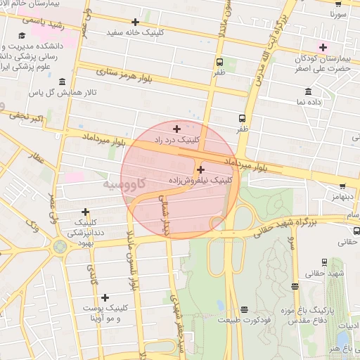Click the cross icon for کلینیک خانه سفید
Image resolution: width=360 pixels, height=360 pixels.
135,22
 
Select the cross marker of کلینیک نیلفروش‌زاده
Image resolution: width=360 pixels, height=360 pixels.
201,169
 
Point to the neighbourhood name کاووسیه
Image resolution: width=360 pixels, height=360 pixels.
124,184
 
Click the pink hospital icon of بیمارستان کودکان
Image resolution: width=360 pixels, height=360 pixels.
323,48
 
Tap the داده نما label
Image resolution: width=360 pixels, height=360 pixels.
309,103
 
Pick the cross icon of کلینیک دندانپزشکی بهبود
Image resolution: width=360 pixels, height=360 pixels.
85,212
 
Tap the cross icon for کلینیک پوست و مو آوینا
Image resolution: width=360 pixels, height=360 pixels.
105,298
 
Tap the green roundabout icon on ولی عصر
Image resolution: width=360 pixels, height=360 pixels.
60,246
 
